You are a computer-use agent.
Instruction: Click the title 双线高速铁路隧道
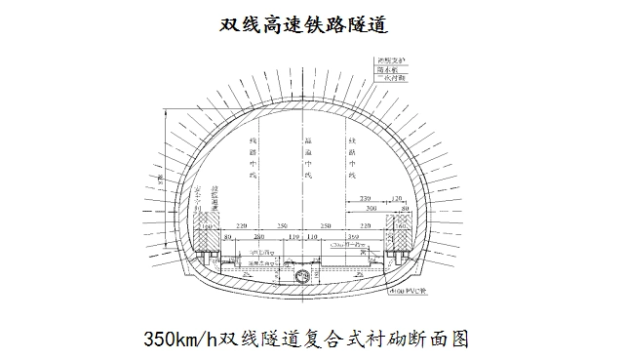coord(313,23)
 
